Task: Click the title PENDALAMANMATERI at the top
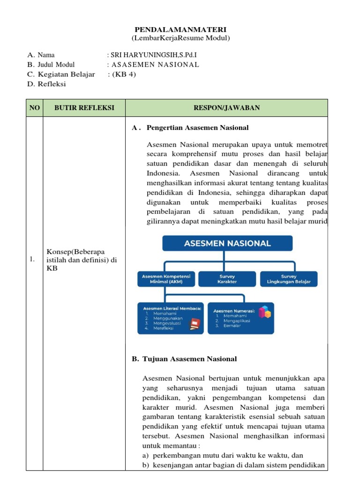(180, 30)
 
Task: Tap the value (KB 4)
(123, 74)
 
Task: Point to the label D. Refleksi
(47, 84)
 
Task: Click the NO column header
(35, 108)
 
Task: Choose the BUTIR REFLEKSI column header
(84, 108)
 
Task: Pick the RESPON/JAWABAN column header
(227, 108)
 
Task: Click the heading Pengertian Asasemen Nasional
(197, 127)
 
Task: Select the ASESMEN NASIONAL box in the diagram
(227, 243)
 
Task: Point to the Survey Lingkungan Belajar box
(289, 279)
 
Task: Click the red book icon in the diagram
(194, 323)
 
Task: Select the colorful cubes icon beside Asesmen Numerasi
(265, 312)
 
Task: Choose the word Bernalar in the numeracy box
(232, 325)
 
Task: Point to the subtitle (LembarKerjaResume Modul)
(180, 38)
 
